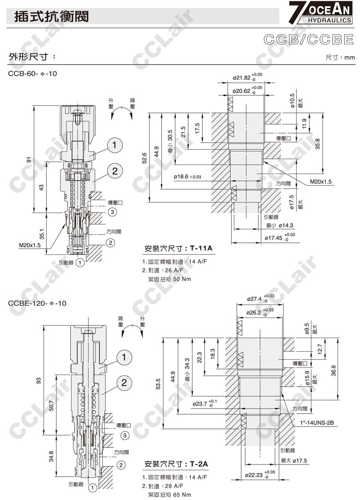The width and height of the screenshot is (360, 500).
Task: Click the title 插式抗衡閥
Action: (51, 17)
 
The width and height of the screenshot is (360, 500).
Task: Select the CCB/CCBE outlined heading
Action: (308, 39)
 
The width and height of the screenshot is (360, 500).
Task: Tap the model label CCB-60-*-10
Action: (33, 73)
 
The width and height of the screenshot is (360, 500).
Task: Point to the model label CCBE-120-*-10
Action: (37, 303)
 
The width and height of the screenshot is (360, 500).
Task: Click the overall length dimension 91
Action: (28, 160)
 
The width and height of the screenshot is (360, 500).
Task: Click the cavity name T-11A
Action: (201, 248)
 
